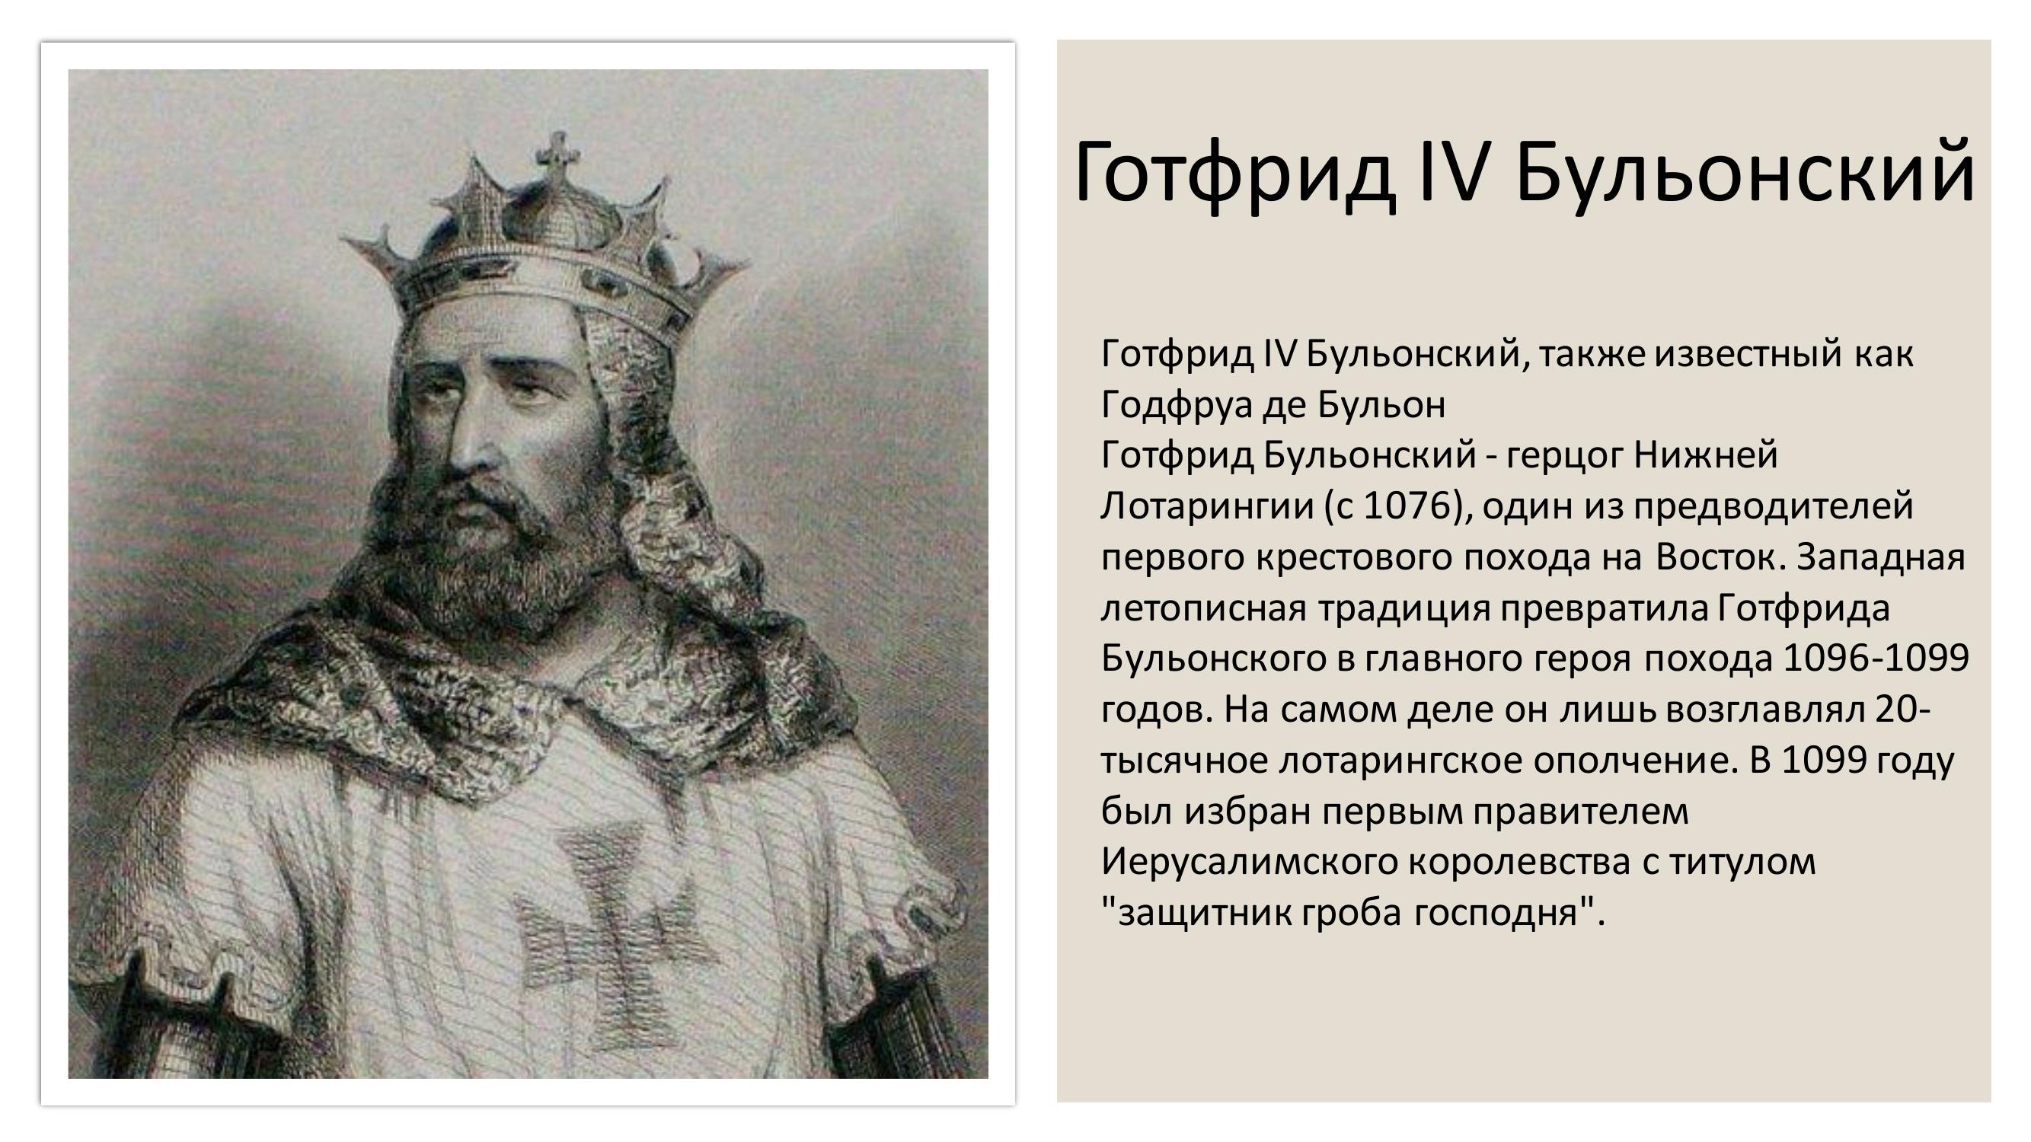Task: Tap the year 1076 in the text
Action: coord(1407,506)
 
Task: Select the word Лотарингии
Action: coord(1206,506)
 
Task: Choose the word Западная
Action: coord(1881,557)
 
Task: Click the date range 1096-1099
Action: coord(1876,658)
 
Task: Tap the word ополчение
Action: coord(1635,761)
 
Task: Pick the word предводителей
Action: coord(1773,506)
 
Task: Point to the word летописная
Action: coord(1203,608)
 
